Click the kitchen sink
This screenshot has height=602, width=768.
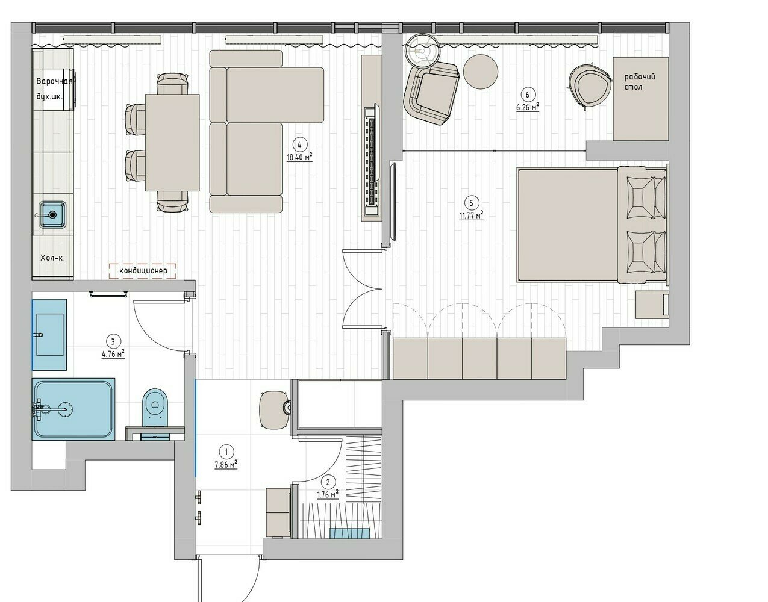click(x=52, y=214)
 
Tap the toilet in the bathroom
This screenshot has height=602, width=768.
click(x=155, y=408)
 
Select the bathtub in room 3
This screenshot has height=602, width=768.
click(x=73, y=409)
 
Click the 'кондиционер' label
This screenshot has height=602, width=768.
click(x=143, y=271)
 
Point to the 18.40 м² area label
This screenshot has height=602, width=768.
click(x=299, y=157)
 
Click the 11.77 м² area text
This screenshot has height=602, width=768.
click(x=471, y=215)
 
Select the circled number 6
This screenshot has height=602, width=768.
click(x=528, y=95)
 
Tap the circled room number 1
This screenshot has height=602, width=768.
click(x=226, y=451)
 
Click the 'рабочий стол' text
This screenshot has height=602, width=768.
click(x=640, y=81)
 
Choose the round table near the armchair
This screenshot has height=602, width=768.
click(x=481, y=72)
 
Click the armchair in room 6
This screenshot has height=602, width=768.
click(x=431, y=93)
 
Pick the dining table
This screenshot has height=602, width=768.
click(x=172, y=142)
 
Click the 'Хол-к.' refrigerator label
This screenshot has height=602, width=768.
click(x=52, y=258)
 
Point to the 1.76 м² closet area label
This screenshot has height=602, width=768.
click(x=328, y=494)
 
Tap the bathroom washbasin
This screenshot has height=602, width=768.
click(x=49, y=335)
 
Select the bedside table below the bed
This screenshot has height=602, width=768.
click(x=652, y=305)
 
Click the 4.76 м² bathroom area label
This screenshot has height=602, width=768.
click(x=113, y=353)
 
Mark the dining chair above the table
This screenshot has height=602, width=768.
click(x=172, y=83)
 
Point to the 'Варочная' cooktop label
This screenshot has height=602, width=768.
click(x=54, y=81)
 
